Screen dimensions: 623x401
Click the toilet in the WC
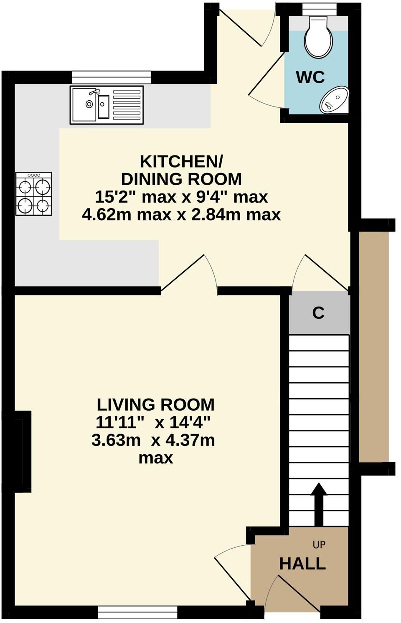[x=319, y=38]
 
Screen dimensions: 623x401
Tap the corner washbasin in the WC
[x=335, y=100]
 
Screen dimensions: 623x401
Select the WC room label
[x=310, y=77]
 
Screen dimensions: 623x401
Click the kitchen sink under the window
[x=107, y=105]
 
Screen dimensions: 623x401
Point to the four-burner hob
[x=34, y=194]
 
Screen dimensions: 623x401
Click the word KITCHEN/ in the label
[x=181, y=161]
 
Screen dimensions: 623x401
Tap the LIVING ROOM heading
[x=155, y=404]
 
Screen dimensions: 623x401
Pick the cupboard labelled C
[x=319, y=313]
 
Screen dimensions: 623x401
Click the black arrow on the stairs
[x=319, y=503]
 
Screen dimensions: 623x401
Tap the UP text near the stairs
[x=319, y=544]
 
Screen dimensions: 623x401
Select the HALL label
[x=302, y=564]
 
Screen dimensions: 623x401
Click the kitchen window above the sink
[x=111, y=77]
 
